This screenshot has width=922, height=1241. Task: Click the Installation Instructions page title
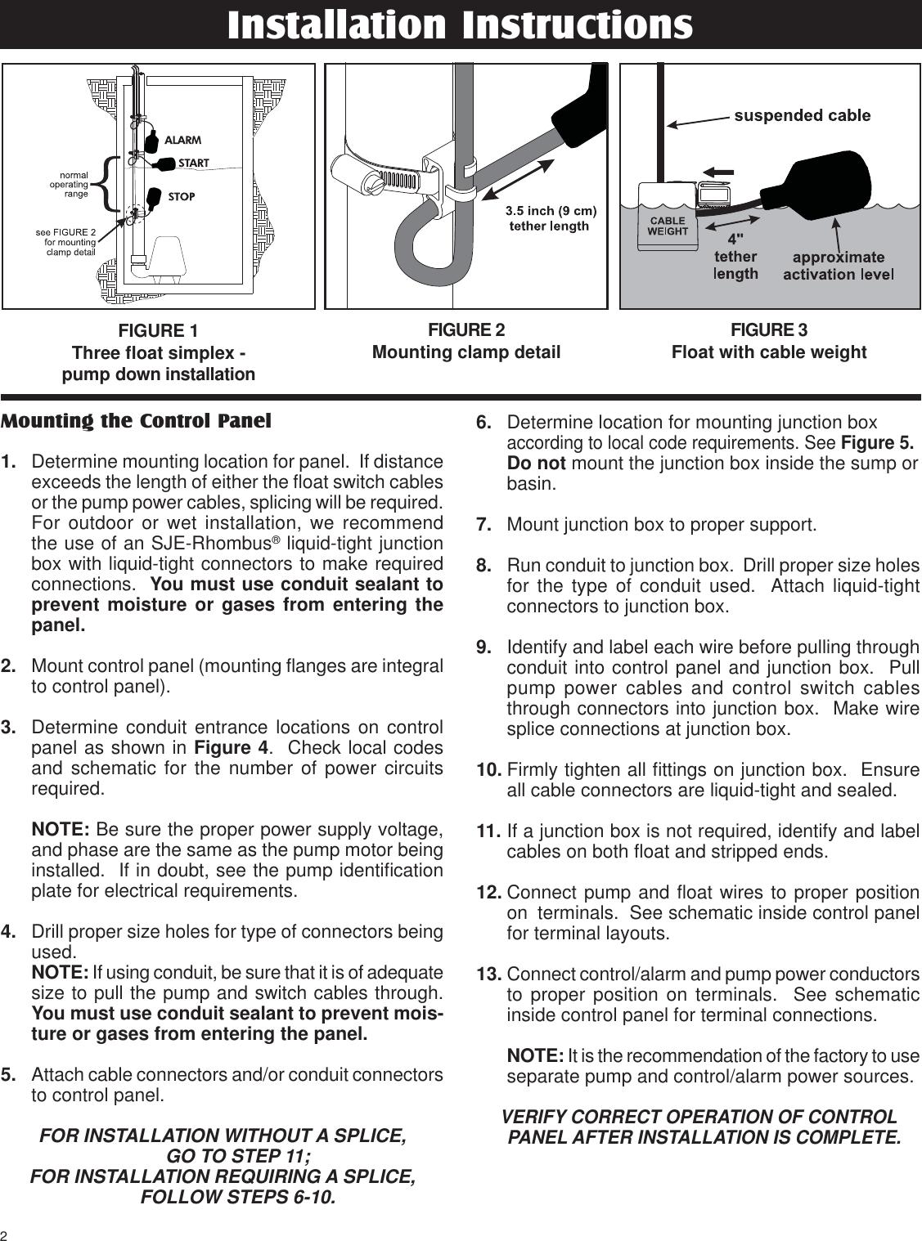click(460, 25)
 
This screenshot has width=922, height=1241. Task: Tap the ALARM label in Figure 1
click(183, 141)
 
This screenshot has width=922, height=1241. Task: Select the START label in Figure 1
click(194, 164)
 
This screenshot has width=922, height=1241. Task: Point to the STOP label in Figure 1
click(182, 196)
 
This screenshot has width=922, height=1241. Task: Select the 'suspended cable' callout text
click(802, 115)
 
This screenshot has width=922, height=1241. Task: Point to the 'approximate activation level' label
click(838, 266)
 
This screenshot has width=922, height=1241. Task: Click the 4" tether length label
click(735, 257)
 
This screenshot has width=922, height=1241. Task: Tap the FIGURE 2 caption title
click(466, 330)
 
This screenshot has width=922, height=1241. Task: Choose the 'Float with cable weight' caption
click(768, 352)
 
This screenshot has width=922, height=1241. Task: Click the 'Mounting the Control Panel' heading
click(136, 422)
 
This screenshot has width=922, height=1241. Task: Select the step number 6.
click(483, 423)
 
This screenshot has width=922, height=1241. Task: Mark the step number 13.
click(488, 974)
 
